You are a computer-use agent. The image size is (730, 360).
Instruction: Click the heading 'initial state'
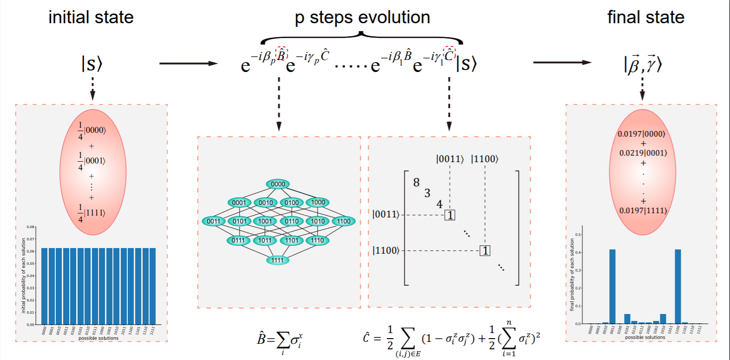(91, 18)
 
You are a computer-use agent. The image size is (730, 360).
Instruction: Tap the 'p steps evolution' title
(362, 18)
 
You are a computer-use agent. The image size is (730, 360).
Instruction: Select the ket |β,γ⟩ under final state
(643, 64)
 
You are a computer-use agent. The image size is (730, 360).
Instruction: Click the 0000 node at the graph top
(278, 184)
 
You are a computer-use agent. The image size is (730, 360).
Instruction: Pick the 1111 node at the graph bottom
(278, 260)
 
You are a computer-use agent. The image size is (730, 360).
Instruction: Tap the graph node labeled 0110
(292, 221)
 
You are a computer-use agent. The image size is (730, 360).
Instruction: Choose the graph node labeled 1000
(318, 202)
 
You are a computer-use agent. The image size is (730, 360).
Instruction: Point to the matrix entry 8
(416, 183)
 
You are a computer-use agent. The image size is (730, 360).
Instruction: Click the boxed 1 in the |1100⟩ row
(485, 251)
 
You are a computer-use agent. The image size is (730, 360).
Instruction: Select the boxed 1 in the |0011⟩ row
(450, 215)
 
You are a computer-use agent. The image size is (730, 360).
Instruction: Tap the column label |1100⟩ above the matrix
(485, 159)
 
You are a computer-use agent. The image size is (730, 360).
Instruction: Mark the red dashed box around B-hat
(281, 53)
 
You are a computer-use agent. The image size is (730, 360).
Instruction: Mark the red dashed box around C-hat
(449, 53)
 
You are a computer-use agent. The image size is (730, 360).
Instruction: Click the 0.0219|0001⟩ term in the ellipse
(643, 153)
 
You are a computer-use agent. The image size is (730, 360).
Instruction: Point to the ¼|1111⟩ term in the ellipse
(91, 213)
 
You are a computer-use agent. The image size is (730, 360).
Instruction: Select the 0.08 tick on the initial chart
(31, 227)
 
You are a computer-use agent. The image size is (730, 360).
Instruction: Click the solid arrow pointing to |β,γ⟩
(562, 62)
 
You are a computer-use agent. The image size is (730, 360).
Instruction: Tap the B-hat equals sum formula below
(280, 340)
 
